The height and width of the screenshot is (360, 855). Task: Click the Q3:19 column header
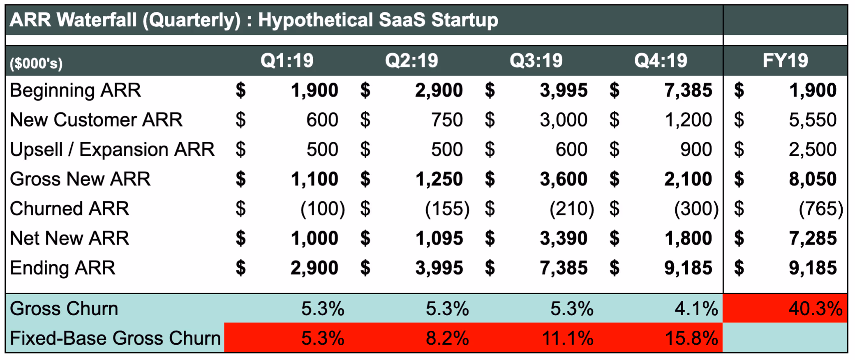(536, 61)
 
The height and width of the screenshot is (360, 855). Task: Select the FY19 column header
(785, 61)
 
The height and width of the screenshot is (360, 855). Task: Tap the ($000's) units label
(36, 63)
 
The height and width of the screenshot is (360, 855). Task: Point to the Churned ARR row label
(69, 209)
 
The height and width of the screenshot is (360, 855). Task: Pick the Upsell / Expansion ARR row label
(112, 150)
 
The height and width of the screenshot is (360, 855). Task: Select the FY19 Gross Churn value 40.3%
(815, 309)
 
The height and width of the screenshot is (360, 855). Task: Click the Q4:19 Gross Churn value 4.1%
(696, 309)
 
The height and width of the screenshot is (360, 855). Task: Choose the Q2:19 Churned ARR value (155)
(447, 209)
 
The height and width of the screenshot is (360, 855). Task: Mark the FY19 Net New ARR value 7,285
(813, 238)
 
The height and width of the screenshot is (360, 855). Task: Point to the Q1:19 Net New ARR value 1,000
(314, 238)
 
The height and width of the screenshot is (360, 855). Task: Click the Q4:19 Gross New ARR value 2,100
(688, 179)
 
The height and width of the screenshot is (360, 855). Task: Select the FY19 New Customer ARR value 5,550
(813, 120)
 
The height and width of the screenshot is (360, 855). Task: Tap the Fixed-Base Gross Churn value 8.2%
(447, 339)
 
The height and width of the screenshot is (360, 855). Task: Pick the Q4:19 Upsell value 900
(696, 150)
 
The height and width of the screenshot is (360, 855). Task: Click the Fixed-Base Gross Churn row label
(115, 339)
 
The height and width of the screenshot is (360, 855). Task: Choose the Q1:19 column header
(287, 61)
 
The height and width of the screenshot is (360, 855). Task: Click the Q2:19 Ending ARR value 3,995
(439, 268)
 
